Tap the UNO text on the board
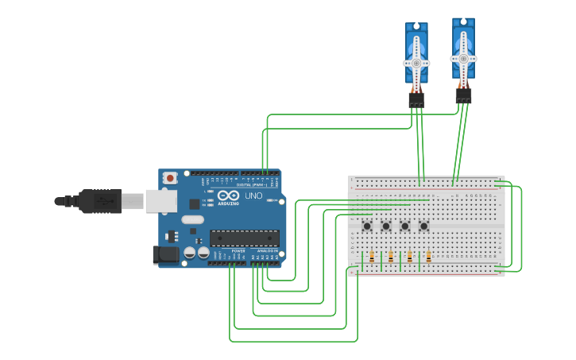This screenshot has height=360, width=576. click(x=253, y=195)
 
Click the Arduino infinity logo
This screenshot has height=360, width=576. click(x=227, y=196)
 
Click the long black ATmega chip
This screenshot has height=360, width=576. click(x=244, y=238)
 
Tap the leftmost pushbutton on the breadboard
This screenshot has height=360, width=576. click(x=367, y=226)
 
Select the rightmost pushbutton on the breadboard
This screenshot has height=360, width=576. click(x=423, y=226)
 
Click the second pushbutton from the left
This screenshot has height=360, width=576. click(x=386, y=226)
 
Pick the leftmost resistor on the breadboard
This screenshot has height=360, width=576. click(x=372, y=257)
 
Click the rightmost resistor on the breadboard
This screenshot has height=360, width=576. click(x=429, y=257)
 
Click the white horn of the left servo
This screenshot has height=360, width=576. click(x=416, y=61)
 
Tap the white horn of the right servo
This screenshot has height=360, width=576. click(x=463, y=57)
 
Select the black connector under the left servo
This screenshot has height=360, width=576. click(x=416, y=100)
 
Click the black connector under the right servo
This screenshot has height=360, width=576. click(x=463, y=95)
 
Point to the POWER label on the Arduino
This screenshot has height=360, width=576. click(x=238, y=251)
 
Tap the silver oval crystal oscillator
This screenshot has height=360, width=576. click(x=192, y=219)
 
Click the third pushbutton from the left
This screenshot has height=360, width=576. click(x=405, y=226)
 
